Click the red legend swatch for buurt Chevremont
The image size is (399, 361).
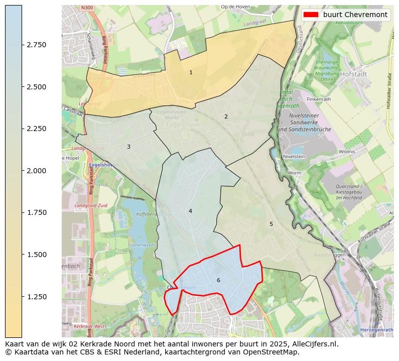[x=311, y=15]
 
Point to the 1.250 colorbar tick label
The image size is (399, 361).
[x=37, y=297]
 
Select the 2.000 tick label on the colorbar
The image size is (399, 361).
[x=37, y=171]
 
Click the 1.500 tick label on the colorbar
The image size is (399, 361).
[x=37, y=255]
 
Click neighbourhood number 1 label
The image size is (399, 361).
[x=191, y=73]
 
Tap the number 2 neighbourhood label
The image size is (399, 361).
[x=226, y=116]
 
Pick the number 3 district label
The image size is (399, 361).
[x=128, y=147]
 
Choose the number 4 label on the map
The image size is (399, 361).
[x=190, y=211]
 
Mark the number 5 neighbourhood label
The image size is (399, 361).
[x=271, y=224]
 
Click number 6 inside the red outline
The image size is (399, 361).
[x=218, y=280]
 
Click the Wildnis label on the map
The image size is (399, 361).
[x=347, y=151]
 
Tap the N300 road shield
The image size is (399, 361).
[x=86, y=9]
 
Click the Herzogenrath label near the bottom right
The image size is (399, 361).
[x=376, y=330]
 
